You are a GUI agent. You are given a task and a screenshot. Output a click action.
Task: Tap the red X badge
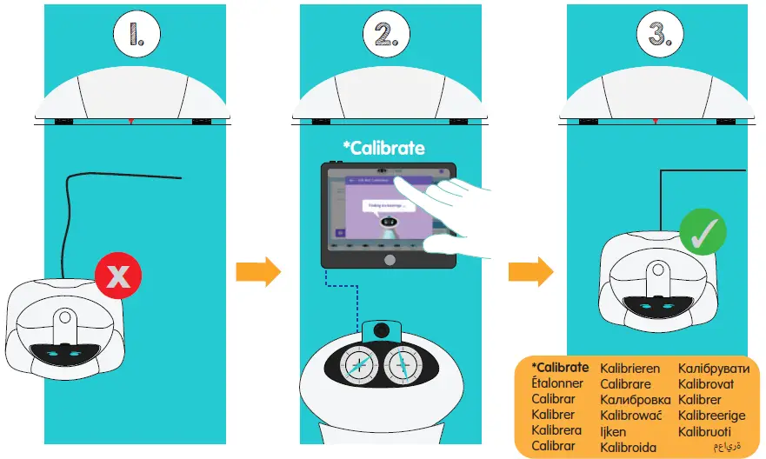[x=117, y=276]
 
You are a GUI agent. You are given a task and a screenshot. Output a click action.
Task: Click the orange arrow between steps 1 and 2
[x=258, y=272]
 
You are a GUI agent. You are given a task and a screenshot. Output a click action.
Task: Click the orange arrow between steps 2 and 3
[x=530, y=272]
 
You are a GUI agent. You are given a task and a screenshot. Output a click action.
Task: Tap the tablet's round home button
[x=390, y=259]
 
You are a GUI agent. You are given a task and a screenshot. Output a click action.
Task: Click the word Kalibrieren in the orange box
[x=630, y=369]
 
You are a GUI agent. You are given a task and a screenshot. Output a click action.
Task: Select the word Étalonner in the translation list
[x=561, y=383]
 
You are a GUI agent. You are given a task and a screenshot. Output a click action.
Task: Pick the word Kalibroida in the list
[x=629, y=448]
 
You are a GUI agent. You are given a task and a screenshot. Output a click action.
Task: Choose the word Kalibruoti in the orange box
[x=705, y=431]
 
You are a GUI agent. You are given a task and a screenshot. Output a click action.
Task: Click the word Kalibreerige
[x=712, y=416]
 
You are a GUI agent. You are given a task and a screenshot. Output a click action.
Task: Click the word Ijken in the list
[x=613, y=431]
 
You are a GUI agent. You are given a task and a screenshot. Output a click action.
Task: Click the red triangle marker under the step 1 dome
[x=130, y=119]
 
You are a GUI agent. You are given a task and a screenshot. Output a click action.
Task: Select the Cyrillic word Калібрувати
[x=713, y=369]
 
